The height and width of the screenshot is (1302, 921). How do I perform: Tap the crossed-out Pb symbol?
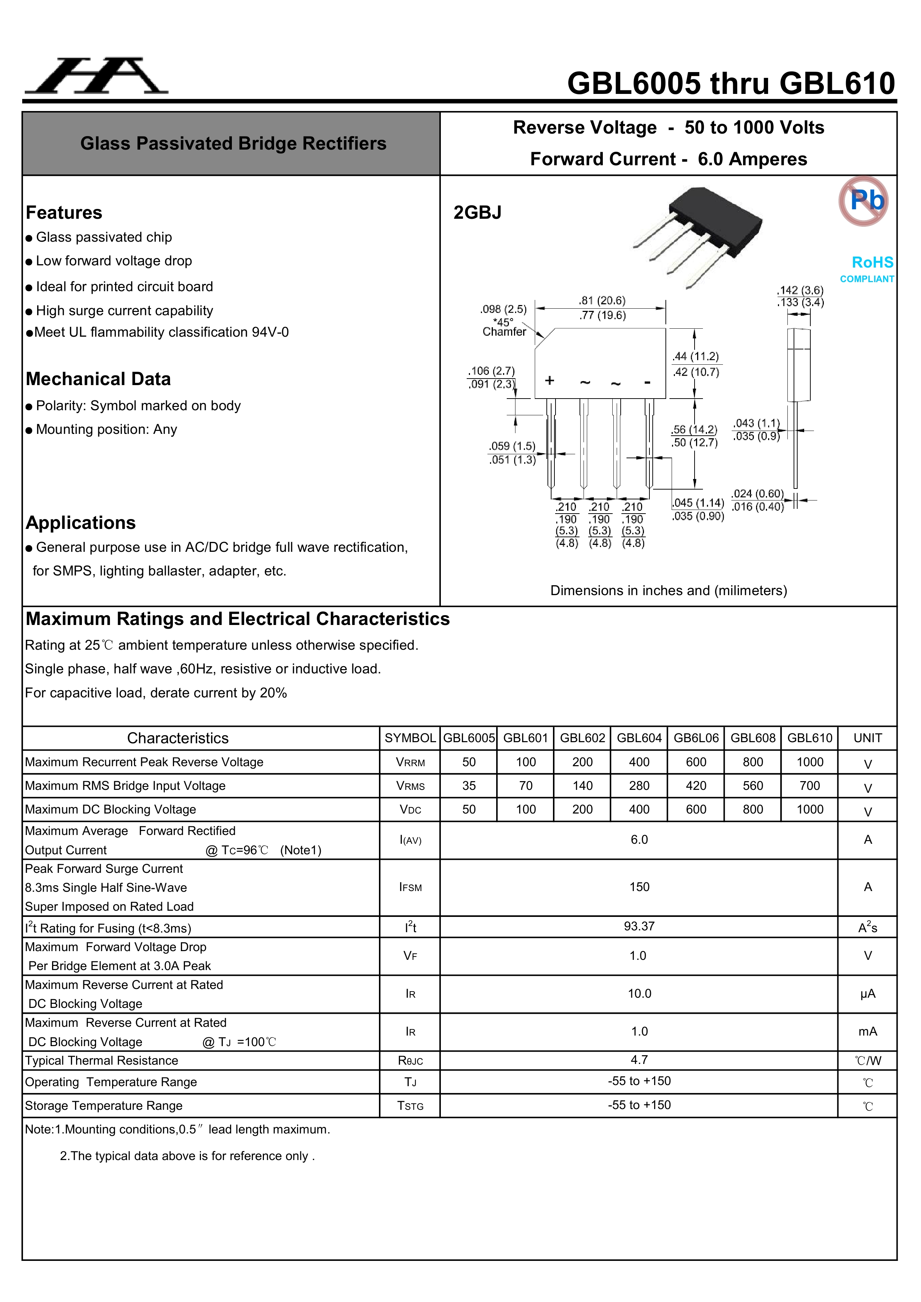[x=863, y=201]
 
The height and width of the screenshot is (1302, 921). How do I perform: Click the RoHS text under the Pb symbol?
[x=872, y=262]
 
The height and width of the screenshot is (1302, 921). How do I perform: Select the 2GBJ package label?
[x=477, y=213]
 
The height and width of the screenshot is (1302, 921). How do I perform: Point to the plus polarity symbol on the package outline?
[x=549, y=380]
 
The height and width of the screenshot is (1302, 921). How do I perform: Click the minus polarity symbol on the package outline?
[x=647, y=383]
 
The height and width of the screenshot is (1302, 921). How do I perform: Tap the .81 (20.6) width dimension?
[x=602, y=301]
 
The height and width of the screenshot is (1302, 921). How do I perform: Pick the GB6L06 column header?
[x=696, y=738]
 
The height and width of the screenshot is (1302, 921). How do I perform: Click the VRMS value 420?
[x=696, y=785]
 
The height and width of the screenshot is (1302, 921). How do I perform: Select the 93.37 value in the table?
[x=639, y=926]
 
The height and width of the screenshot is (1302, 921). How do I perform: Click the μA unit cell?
[x=867, y=993]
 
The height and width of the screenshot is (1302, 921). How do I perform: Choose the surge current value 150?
[x=639, y=887]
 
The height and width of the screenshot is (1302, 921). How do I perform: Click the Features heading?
[x=64, y=213]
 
